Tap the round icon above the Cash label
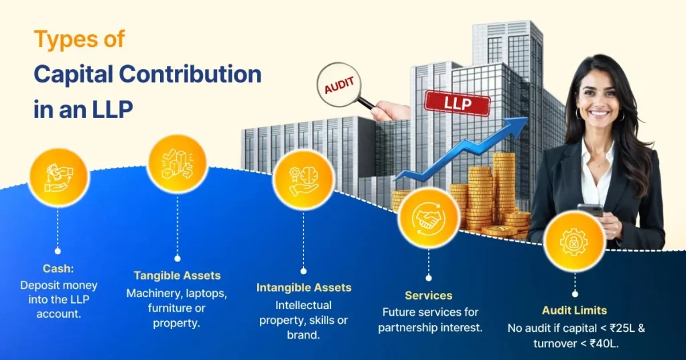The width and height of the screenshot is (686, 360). pyautogui.click(x=58, y=177)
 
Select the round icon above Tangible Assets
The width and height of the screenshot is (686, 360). pyautogui.click(x=177, y=164)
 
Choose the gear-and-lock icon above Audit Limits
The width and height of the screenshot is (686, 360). pyautogui.click(x=574, y=242)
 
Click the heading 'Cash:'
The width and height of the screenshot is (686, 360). pyautogui.click(x=58, y=268)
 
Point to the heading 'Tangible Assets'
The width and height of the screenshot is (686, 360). pyautogui.click(x=177, y=276)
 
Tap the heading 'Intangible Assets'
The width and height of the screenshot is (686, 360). pyautogui.click(x=303, y=288)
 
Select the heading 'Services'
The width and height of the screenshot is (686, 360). pyautogui.click(x=428, y=296)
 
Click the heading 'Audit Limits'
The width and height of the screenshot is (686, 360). pyautogui.click(x=574, y=310)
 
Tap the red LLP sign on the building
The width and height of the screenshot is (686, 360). pyautogui.click(x=457, y=103)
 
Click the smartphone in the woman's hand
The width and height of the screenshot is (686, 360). pyautogui.click(x=590, y=209)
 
